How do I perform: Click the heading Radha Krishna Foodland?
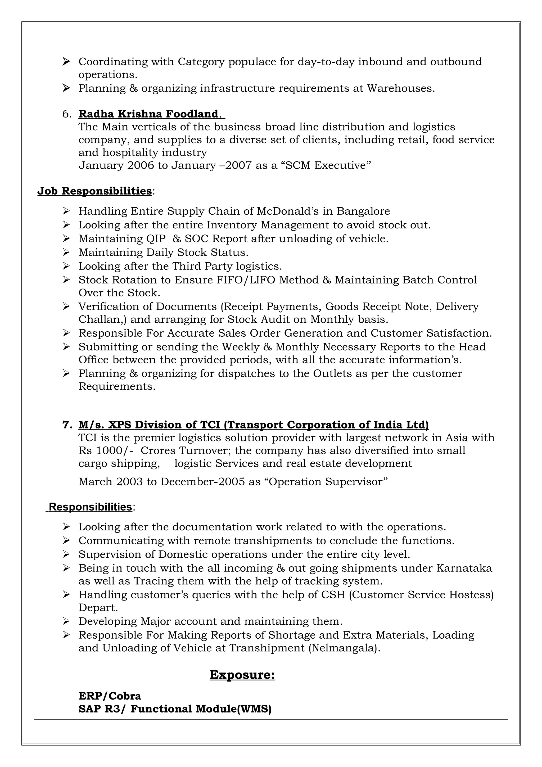pyautogui.click(x=148, y=114)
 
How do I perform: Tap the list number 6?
pyautogui.click(x=66, y=114)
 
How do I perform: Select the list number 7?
pyautogui.click(x=67, y=425)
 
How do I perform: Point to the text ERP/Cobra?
pyautogui.click(x=110, y=696)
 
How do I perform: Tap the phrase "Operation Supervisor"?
pyautogui.click(x=327, y=482)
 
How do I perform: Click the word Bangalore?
pyautogui.click(x=363, y=211)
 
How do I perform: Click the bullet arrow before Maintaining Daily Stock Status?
pyautogui.click(x=66, y=252)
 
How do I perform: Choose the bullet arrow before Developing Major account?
pyautogui.click(x=66, y=622)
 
